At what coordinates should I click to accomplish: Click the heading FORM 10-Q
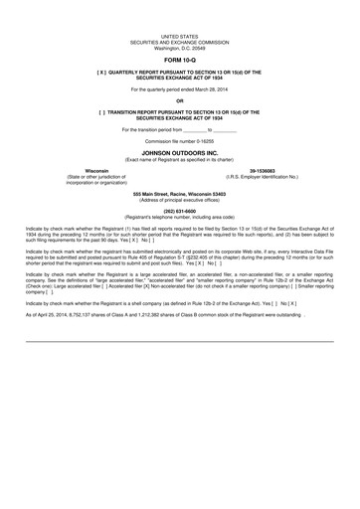[x=179, y=61]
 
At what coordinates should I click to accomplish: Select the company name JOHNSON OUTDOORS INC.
[x=179, y=152]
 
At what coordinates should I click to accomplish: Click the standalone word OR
[x=179, y=101]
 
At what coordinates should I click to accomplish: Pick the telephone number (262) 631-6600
[x=179, y=211]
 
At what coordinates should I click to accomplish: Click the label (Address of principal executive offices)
[x=179, y=200]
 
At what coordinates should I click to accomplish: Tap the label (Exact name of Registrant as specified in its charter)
[x=179, y=159]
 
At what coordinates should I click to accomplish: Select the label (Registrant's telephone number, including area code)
[x=179, y=217]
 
